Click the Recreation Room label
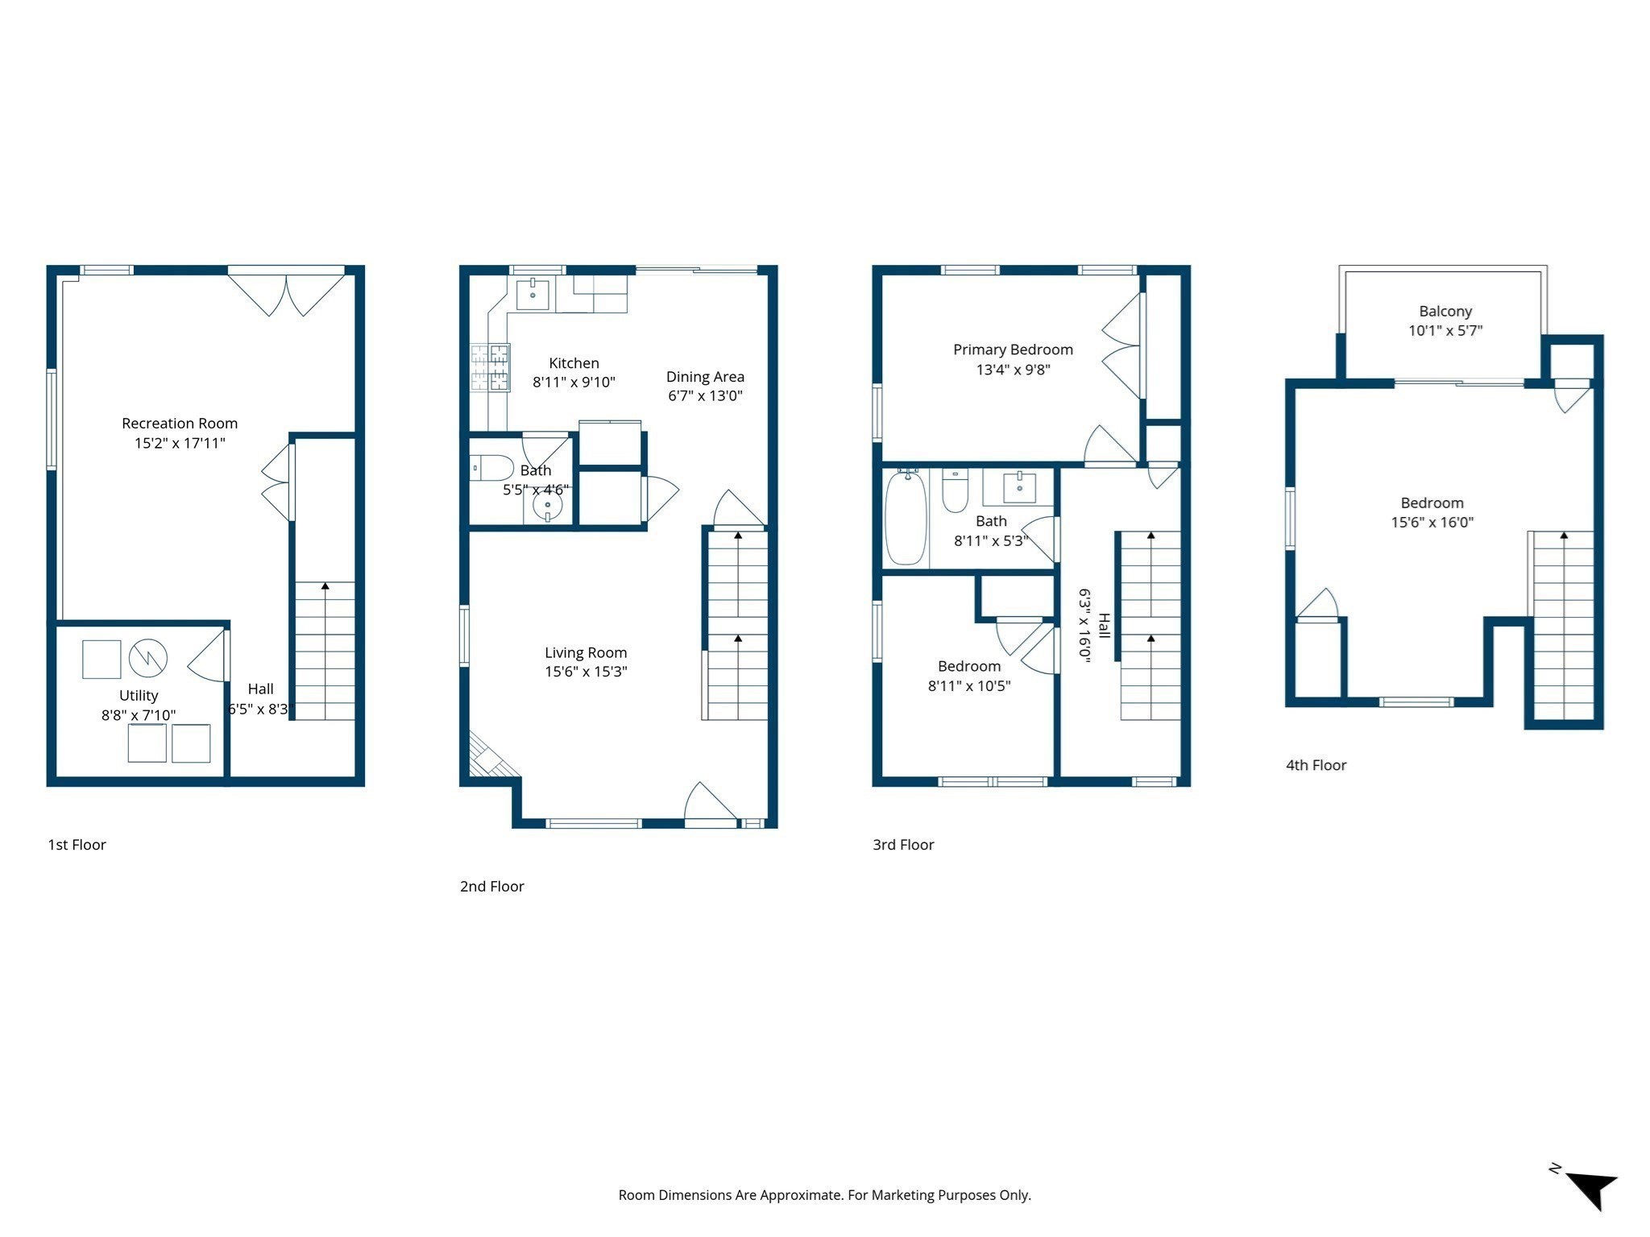[180, 423]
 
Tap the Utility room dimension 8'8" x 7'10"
[139, 714]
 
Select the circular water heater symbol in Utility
[147, 659]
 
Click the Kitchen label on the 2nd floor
[574, 363]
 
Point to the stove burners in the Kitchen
[490, 367]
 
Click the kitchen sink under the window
[533, 294]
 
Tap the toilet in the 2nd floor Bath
[492, 467]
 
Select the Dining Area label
[705, 377]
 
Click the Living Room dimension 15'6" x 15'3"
[586, 672]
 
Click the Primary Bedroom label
[1013, 350]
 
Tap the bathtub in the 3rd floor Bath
[906, 519]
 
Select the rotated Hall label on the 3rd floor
[1105, 625]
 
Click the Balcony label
[1445, 311]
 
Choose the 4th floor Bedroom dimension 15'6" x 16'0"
[1432, 522]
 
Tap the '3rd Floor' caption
[903, 845]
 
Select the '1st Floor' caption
[77, 845]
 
